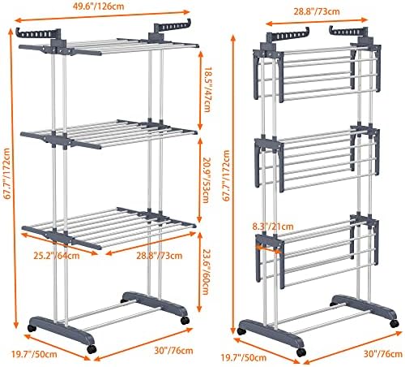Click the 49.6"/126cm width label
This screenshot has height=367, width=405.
[x=98, y=6]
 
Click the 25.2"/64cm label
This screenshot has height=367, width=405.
[x=57, y=256]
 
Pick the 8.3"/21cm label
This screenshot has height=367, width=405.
[x=273, y=227]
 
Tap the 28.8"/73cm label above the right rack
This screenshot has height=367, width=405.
[x=317, y=11]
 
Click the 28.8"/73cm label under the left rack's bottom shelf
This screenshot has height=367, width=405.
[x=159, y=256]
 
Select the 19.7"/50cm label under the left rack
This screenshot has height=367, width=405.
[x=34, y=354]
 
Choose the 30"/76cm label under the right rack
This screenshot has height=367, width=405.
[x=383, y=354]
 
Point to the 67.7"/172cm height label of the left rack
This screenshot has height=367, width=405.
[x=6, y=174]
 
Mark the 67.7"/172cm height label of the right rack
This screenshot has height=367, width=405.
[x=226, y=175]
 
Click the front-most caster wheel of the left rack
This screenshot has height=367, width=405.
[x=92, y=348]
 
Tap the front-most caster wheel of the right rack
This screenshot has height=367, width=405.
[x=301, y=352]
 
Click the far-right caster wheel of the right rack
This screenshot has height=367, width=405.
[x=394, y=323]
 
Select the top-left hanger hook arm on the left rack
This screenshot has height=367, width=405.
[x=38, y=33]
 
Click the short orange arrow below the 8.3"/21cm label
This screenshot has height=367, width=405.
[x=268, y=249]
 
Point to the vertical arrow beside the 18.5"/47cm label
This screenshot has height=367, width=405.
[x=200, y=90]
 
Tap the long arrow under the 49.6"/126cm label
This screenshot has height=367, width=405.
[x=102, y=15]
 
